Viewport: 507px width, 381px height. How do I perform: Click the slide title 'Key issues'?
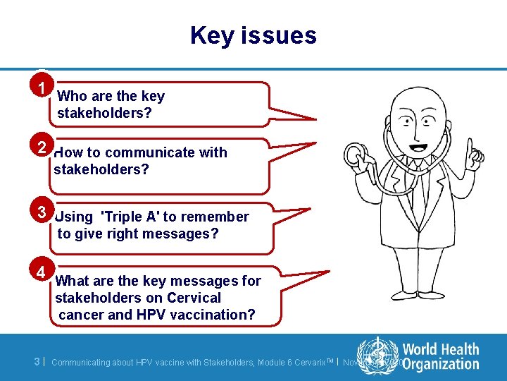pyautogui.click(x=254, y=35)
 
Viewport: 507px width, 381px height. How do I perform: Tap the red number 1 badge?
pyautogui.click(x=44, y=87)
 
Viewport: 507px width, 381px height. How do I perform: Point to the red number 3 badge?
pyautogui.click(x=43, y=212)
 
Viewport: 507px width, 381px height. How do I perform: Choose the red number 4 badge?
pyautogui.click(x=42, y=272)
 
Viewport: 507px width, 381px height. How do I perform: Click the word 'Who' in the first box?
pyautogui.click(x=71, y=96)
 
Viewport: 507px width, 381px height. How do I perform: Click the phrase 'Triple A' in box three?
pyautogui.click(x=131, y=217)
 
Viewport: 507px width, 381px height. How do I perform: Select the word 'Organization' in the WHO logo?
pyautogui.click(x=441, y=364)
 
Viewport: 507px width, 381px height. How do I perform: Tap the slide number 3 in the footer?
pyautogui.click(x=37, y=361)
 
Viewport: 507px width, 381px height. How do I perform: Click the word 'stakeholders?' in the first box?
pyautogui.click(x=104, y=113)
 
